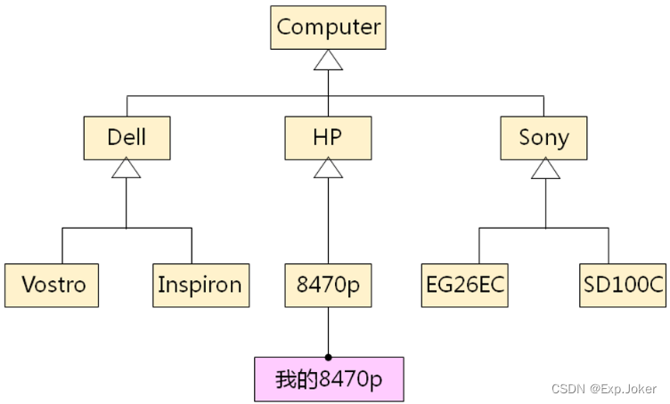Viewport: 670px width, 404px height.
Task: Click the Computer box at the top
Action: click(328, 28)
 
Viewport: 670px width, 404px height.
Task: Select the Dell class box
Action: click(127, 137)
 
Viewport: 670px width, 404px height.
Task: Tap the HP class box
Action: click(328, 137)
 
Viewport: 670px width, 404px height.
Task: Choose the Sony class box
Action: click(543, 137)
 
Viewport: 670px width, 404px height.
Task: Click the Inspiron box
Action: click(200, 285)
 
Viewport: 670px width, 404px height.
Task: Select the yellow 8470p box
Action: click(328, 285)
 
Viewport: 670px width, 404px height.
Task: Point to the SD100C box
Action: click(624, 285)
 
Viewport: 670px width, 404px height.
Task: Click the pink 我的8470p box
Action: click(328, 379)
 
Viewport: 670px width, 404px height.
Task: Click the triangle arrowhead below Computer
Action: click(328, 60)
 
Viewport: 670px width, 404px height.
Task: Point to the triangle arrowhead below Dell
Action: click(127, 168)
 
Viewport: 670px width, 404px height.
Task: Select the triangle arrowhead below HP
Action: click(328, 168)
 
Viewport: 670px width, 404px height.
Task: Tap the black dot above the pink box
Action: click(328, 357)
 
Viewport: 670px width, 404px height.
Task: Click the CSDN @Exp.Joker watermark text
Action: click(604, 390)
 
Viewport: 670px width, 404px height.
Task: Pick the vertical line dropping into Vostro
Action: click(62, 245)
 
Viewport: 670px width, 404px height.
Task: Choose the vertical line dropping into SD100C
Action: click(609, 245)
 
